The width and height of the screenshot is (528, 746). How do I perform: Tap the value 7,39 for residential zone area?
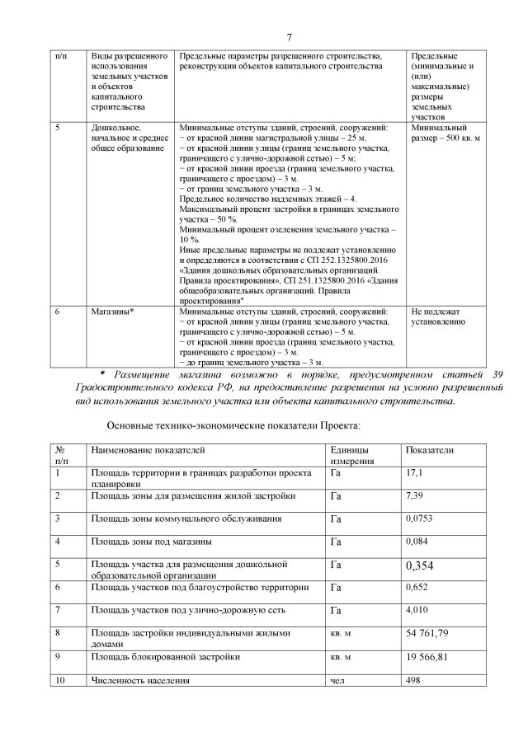(414, 496)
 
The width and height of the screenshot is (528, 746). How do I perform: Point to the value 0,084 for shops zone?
(417, 542)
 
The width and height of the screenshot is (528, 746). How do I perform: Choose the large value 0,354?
(419, 565)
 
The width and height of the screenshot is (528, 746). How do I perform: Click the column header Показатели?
(429, 450)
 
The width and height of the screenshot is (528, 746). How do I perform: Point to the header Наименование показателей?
(148, 450)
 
